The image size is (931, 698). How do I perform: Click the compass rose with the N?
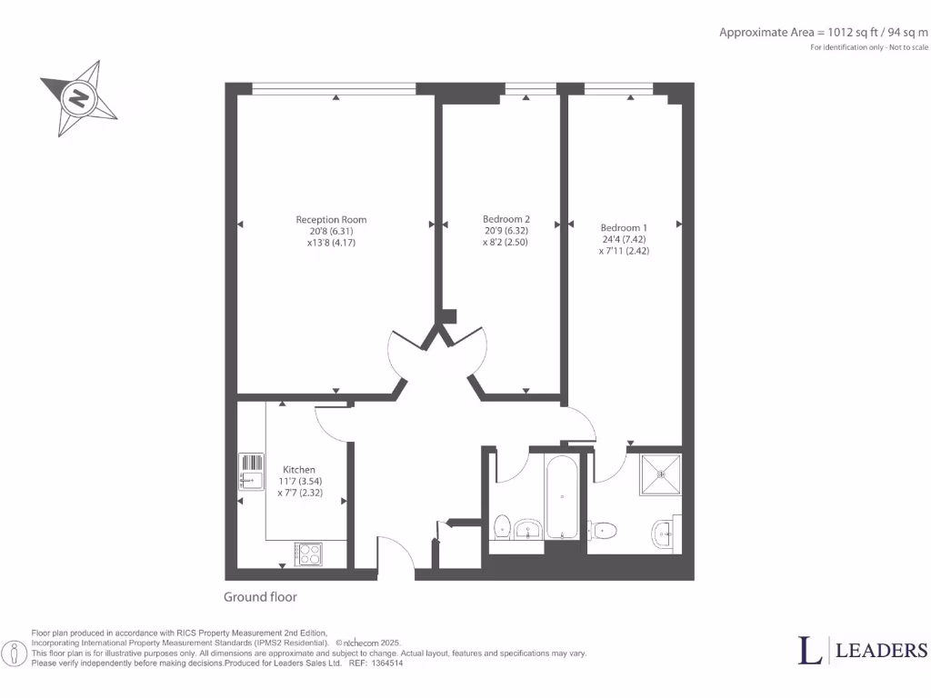click(x=79, y=97)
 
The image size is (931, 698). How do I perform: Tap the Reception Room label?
click(x=331, y=220)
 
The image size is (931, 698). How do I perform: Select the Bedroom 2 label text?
click(x=506, y=219)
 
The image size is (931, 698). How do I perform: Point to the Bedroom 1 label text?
click(x=624, y=228)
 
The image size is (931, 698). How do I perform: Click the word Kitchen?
click(x=299, y=470)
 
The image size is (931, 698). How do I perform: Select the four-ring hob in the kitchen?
click(x=308, y=552)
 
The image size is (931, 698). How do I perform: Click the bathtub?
click(x=561, y=497)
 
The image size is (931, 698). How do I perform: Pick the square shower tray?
click(x=659, y=475)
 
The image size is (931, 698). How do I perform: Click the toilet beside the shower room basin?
click(x=605, y=529)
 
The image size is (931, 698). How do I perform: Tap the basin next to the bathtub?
click(x=527, y=529)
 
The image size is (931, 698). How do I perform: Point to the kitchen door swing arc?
click(x=331, y=423)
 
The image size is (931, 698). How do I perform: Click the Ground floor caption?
click(x=260, y=597)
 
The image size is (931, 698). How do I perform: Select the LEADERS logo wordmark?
click(x=880, y=650)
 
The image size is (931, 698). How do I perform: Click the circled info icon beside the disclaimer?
click(x=14, y=653)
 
